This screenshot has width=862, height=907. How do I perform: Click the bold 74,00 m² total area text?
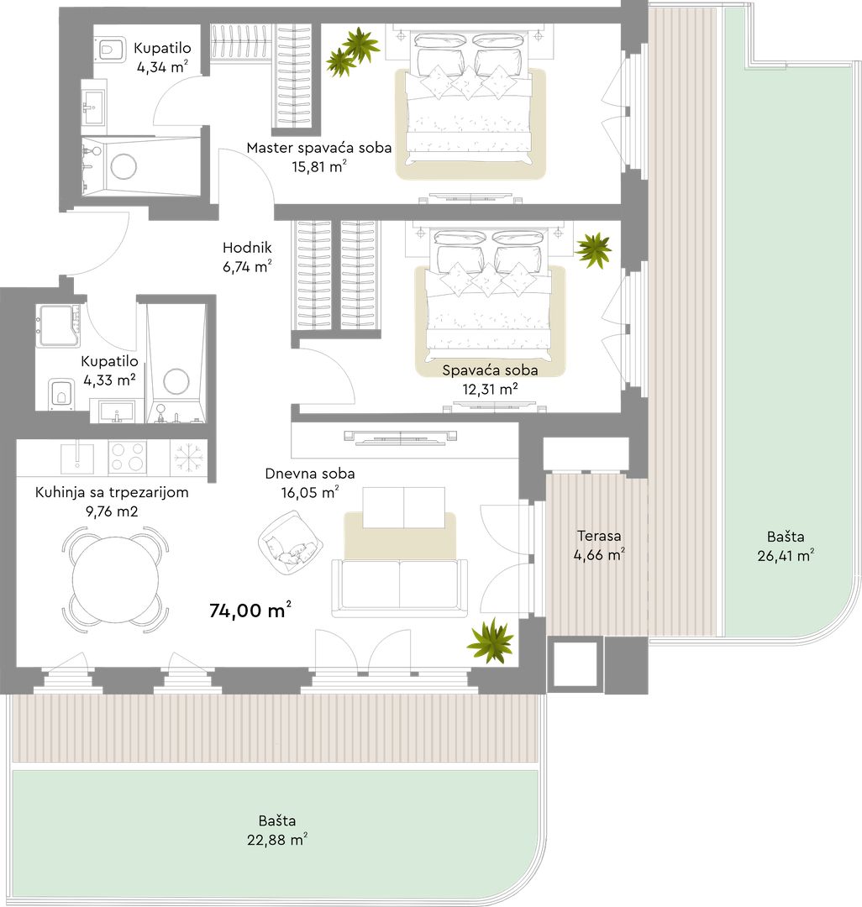[250, 611]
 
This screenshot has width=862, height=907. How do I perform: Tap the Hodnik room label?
[247, 248]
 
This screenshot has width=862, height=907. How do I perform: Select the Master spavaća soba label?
[318, 148]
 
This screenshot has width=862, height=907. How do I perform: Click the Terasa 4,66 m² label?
[599, 546]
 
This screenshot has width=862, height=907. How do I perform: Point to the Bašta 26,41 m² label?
[786, 546]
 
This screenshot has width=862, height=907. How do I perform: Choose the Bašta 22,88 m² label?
[277, 830]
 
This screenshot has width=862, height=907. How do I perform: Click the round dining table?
[116, 579]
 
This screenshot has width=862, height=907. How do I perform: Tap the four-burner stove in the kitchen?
[127, 457]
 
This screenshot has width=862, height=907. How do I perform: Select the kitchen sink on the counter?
[77, 456]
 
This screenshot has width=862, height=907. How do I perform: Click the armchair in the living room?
[290, 543]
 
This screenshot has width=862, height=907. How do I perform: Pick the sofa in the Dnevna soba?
[399, 587]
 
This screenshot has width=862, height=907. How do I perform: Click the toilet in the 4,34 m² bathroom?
[112, 50]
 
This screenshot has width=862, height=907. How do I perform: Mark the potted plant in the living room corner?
[491, 640]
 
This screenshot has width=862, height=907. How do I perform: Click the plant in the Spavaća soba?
[593, 250]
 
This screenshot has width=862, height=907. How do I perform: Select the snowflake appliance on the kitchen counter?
[188, 457]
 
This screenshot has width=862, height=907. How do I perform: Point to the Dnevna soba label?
[309, 474]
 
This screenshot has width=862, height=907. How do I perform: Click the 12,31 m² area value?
[490, 390]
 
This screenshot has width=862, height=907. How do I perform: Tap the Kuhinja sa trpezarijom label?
[112, 492]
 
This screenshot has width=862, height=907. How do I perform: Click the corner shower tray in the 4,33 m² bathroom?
[59, 327]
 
